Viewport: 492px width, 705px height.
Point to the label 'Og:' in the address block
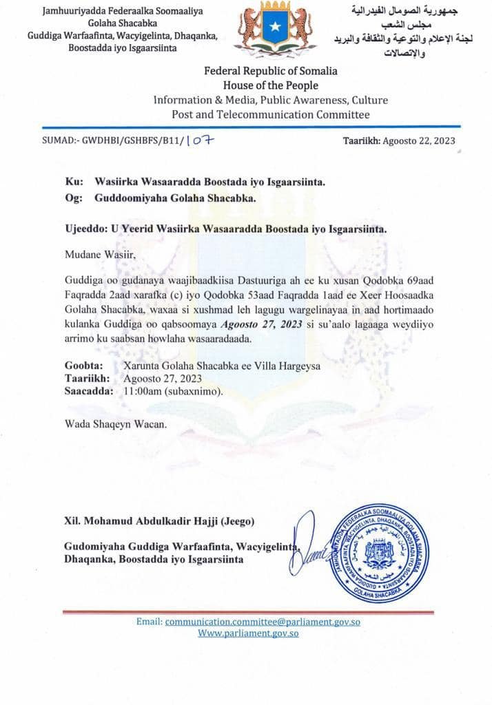coord(73,198)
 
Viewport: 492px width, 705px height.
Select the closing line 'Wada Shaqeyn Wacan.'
coord(116,424)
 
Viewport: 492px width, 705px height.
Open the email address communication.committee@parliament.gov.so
coord(263,622)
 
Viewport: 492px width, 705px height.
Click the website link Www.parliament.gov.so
coord(248,633)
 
